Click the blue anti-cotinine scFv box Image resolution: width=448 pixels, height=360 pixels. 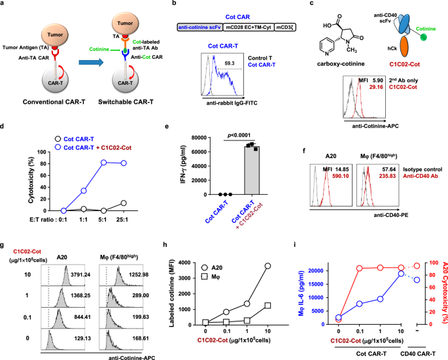click(207, 28)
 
